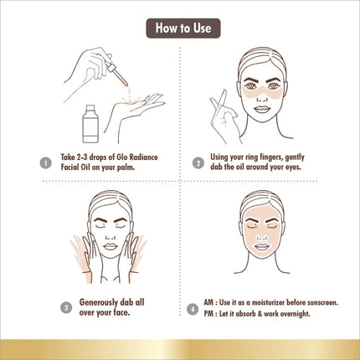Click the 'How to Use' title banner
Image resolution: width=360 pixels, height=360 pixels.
(x=183, y=28)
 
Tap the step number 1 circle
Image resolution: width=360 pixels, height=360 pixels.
(x=46, y=163)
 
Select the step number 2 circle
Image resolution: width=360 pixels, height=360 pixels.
(x=198, y=163)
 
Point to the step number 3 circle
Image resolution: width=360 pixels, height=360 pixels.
(x=66, y=308)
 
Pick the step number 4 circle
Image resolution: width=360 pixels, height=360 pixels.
(x=193, y=309)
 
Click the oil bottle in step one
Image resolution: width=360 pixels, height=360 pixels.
(x=90, y=124)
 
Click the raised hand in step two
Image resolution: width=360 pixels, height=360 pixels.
(x=224, y=115)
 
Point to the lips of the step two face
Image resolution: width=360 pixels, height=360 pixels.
(x=261, y=109)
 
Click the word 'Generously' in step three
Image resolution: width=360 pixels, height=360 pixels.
(x=99, y=302)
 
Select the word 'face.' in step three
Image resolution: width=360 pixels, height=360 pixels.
(x=121, y=312)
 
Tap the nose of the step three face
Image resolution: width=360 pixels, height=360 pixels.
(x=111, y=236)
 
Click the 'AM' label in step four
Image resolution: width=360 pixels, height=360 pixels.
(x=208, y=302)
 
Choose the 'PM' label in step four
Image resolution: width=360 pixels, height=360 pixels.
(x=208, y=314)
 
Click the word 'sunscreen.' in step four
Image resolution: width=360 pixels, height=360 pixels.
(x=323, y=302)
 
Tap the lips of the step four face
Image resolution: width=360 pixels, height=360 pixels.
(x=261, y=247)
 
